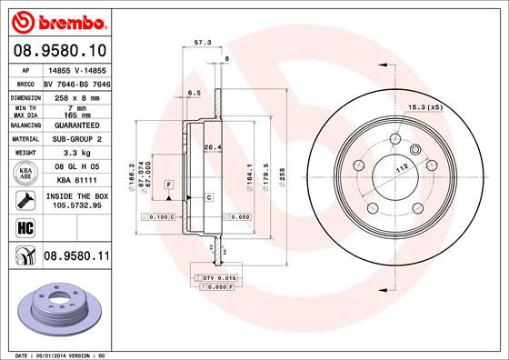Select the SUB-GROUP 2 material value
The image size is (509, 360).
(x=77, y=139)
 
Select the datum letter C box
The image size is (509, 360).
(x=208, y=196)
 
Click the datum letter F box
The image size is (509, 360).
(x=168, y=185)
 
